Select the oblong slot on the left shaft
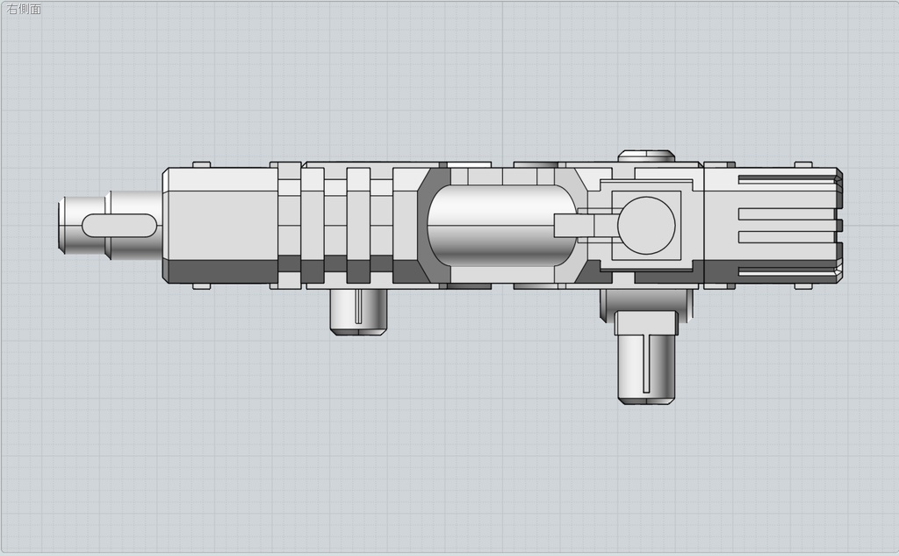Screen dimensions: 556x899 pyautogui.click(x=121, y=225)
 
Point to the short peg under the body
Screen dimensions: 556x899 pyautogui.click(x=360, y=311)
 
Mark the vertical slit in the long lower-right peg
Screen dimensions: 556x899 pyautogui.click(x=647, y=364)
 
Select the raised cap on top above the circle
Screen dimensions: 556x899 pyautogui.click(x=646, y=156)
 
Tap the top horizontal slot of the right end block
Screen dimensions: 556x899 pyautogui.click(x=786, y=180)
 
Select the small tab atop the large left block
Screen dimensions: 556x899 pyautogui.click(x=201, y=164)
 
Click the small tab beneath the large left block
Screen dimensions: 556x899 pyautogui.click(x=201, y=286)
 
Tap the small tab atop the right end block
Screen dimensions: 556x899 pyautogui.click(x=803, y=164)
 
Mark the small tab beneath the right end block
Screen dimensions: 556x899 pyautogui.click(x=803, y=286)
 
